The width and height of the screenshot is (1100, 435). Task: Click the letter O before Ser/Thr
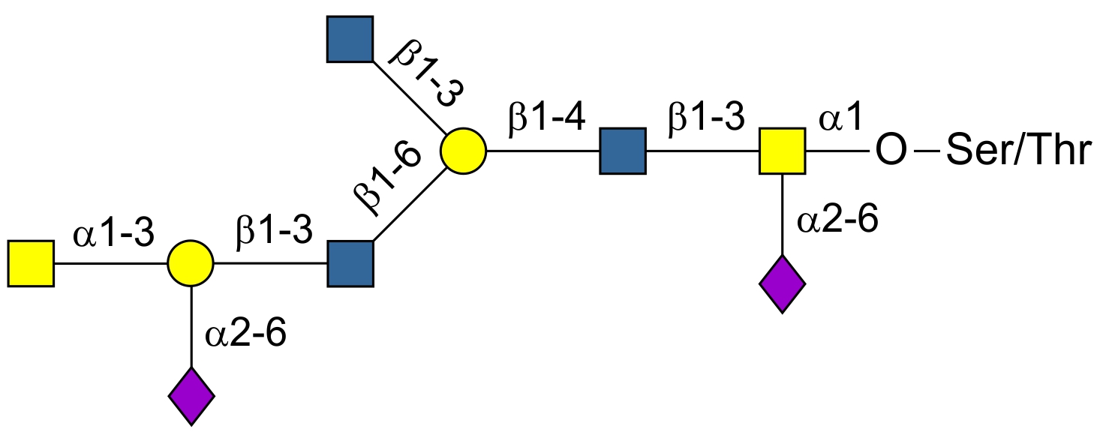(890, 151)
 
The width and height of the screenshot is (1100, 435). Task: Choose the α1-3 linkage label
(113, 235)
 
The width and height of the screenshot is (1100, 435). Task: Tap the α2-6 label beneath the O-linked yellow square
(837, 223)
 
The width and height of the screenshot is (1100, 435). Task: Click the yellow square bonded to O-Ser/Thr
(783, 151)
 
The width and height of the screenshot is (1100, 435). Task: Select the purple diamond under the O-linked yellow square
(783, 284)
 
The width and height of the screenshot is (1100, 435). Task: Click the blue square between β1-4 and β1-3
(623, 151)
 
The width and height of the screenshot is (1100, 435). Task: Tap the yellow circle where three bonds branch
(463, 151)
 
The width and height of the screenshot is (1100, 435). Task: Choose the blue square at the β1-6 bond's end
(350, 264)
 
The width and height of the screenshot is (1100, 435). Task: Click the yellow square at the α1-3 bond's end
(31, 264)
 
